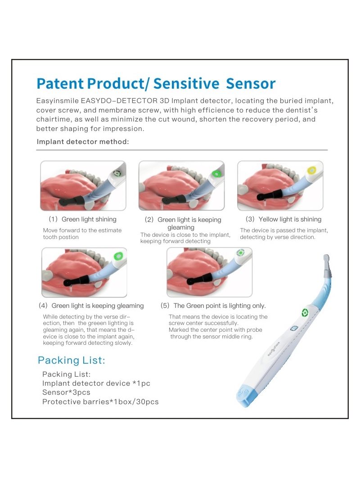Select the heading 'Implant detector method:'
(x=83, y=142)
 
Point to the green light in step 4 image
(x=119, y=256)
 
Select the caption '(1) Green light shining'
(x=82, y=219)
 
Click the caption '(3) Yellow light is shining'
(x=283, y=219)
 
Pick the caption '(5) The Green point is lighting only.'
(x=213, y=306)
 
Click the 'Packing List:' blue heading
(x=71, y=360)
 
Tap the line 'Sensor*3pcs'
(x=66, y=392)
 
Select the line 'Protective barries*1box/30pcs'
(x=100, y=401)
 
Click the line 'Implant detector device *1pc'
(x=96, y=383)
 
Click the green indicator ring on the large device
(x=305, y=312)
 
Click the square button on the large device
(x=294, y=329)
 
